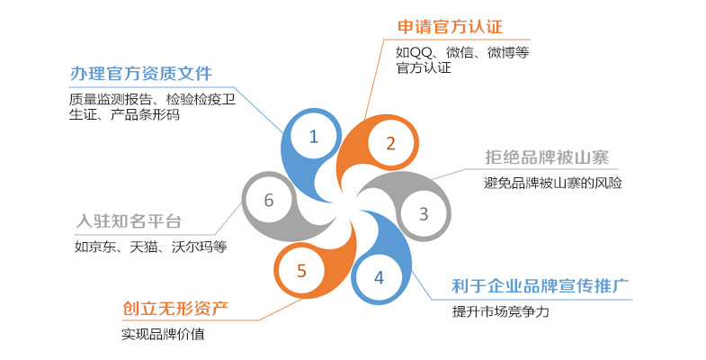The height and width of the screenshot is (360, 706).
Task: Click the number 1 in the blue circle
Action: (314, 137)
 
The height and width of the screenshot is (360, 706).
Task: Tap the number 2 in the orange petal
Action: (391, 143)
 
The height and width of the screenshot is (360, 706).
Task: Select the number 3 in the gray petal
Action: (424, 213)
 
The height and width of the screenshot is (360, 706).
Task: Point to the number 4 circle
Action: (380, 277)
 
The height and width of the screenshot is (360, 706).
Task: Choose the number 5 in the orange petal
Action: (301, 271)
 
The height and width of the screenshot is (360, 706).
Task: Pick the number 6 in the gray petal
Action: (269, 200)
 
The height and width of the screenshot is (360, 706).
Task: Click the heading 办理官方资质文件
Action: (141, 74)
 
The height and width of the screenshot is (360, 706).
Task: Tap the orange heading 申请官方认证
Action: (450, 27)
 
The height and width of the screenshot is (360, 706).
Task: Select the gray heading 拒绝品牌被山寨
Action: (547, 157)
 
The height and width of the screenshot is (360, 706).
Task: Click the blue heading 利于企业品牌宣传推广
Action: (541, 285)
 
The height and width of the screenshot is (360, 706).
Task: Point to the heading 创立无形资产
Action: (175, 309)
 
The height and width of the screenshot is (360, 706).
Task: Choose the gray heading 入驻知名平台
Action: (129, 221)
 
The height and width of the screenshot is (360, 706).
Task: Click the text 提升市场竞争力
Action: (501, 311)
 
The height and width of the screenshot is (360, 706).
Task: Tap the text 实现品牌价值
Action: (163, 334)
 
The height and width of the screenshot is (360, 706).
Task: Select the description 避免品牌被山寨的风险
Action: (553, 183)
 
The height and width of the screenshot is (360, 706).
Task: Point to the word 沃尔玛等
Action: (200, 247)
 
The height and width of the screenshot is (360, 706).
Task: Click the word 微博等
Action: (508, 53)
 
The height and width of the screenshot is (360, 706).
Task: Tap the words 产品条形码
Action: (145, 114)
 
